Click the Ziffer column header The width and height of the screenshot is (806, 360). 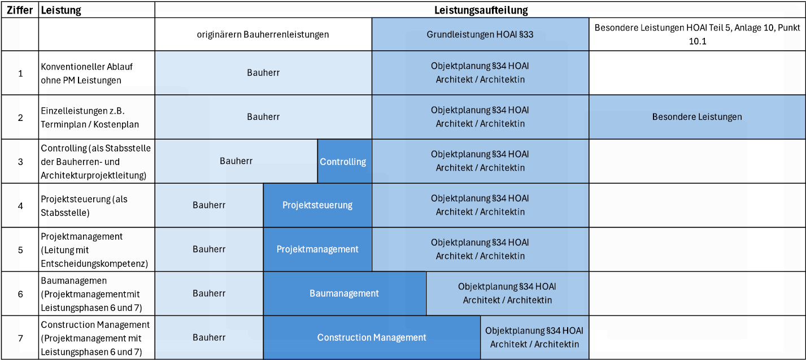click(x=20, y=10)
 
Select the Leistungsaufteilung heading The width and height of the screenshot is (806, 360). click(x=481, y=10)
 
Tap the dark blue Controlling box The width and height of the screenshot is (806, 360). click(x=345, y=161)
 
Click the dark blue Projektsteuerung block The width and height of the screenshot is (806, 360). click(x=317, y=205)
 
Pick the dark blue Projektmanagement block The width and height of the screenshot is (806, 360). click(x=317, y=249)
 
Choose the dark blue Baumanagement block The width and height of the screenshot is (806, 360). click(x=345, y=293)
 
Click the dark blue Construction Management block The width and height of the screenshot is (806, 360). click(x=372, y=337)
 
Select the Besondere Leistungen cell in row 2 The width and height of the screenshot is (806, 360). click(x=697, y=117)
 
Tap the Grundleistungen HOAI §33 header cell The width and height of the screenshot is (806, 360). click(x=480, y=34)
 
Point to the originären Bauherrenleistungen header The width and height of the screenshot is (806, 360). click(x=263, y=34)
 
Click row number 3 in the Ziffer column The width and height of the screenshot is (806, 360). click(x=20, y=162)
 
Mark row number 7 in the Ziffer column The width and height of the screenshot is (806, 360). click(x=20, y=338)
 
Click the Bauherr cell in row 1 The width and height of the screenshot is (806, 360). click(x=263, y=73)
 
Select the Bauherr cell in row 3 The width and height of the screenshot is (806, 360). click(x=236, y=161)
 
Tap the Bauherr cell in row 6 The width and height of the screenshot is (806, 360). click(x=209, y=293)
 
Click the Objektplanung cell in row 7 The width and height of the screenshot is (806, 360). click(x=534, y=337)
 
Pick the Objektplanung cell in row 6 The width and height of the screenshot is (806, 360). click(x=507, y=293)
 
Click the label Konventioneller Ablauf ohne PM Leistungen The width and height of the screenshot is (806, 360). click(x=87, y=73)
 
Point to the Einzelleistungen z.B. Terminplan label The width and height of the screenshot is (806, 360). click(x=90, y=118)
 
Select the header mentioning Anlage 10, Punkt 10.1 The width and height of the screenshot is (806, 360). click(x=697, y=34)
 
